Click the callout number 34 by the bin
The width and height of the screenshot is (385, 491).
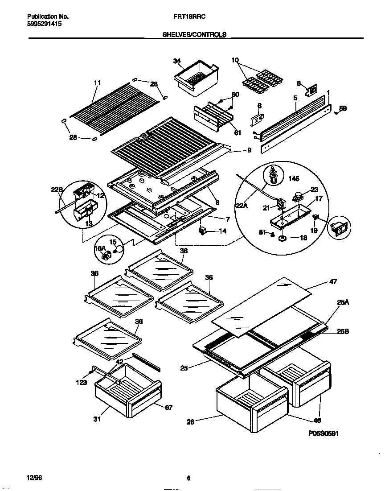click(x=177, y=61)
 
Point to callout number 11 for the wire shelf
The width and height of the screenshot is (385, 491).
click(x=97, y=83)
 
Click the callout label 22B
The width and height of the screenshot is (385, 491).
click(x=57, y=190)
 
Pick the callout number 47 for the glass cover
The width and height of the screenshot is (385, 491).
click(x=333, y=282)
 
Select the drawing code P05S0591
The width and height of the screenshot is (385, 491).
click(x=326, y=433)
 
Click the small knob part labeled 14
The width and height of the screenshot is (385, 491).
click(x=204, y=231)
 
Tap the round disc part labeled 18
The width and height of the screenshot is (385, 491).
click(x=282, y=239)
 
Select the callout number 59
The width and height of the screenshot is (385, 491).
click(x=342, y=108)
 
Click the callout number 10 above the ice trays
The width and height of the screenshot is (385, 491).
click(x=235, y=60)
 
